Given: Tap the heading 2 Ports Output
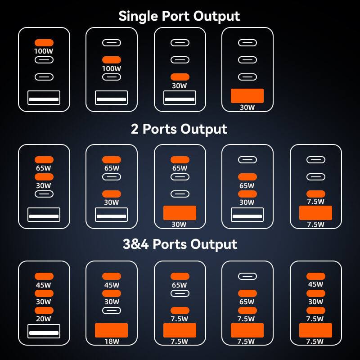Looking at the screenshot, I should pyautogui.click(x=179, y=129).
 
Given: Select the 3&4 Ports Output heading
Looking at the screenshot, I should pyautogui.click(x=180, y=244).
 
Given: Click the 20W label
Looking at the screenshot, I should pyautogui.click(x=44, y=319).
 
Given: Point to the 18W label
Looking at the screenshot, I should pyautogui.click(x=111, y=342).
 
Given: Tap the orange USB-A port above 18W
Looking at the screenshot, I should pyautogui.click(x=111, y=330).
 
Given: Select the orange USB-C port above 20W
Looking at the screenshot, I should pyautogui.click(x=44, y=310).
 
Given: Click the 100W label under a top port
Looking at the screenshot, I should pyautogui.click(x=44, y=51).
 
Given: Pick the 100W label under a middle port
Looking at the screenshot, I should pyautogui.click(x=112, y=69).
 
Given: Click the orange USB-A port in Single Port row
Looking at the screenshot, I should pyautogui.click(x=247, y=96).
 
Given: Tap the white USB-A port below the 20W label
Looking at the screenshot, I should pyautogui.click(x=44, y=331).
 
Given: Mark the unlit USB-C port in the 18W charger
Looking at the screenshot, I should pyautogui.click(x=111, y=310).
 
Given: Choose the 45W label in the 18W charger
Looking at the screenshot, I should pyautogui.click(x=112, y=285).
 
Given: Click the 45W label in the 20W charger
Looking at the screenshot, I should pyautogui.click(x=44, y=285).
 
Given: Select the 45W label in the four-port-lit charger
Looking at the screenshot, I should pyautogui.click(x=315, y=284).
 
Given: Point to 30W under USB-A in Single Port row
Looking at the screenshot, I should pyautogui.click(x=247, y=108).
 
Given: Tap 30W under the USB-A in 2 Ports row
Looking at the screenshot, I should pyautogui.click(x=180, y=224).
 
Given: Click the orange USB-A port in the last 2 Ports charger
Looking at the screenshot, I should pyautogui.click(x=315, y=213).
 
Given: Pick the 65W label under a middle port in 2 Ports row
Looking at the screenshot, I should pyautogui.click(x=247, y=185).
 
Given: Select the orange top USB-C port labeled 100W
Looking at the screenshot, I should pyautogui.click(x=44, y=43).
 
